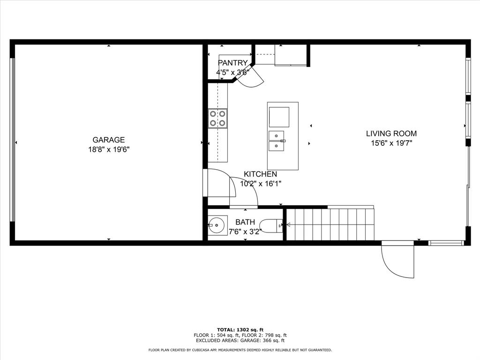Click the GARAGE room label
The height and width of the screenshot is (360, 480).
[x=108, y=140]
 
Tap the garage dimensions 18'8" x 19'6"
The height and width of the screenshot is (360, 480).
[x=108, y=150]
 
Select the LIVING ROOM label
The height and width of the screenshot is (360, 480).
[x=391, y=134]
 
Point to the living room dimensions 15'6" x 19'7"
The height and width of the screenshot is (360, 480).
[x=391, y=143]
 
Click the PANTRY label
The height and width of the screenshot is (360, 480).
[x=232, y=63]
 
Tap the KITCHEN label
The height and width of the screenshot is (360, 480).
[x=260, y=174]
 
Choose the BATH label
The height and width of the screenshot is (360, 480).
[x=245, y=222]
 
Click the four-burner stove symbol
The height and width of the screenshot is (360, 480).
[x=217, y=118]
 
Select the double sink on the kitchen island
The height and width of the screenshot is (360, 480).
[x=277, y=141]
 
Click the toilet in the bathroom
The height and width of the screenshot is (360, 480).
[x=270, y=226]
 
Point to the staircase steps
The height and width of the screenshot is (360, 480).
[x=330, y=225]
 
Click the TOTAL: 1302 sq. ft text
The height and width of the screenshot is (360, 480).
[x=240, y=330]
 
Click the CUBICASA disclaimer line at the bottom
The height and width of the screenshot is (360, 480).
[x=240, y=350]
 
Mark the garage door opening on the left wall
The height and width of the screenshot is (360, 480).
[x=13, y=140]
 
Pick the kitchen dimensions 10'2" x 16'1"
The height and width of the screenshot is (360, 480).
[x=260, y=184]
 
